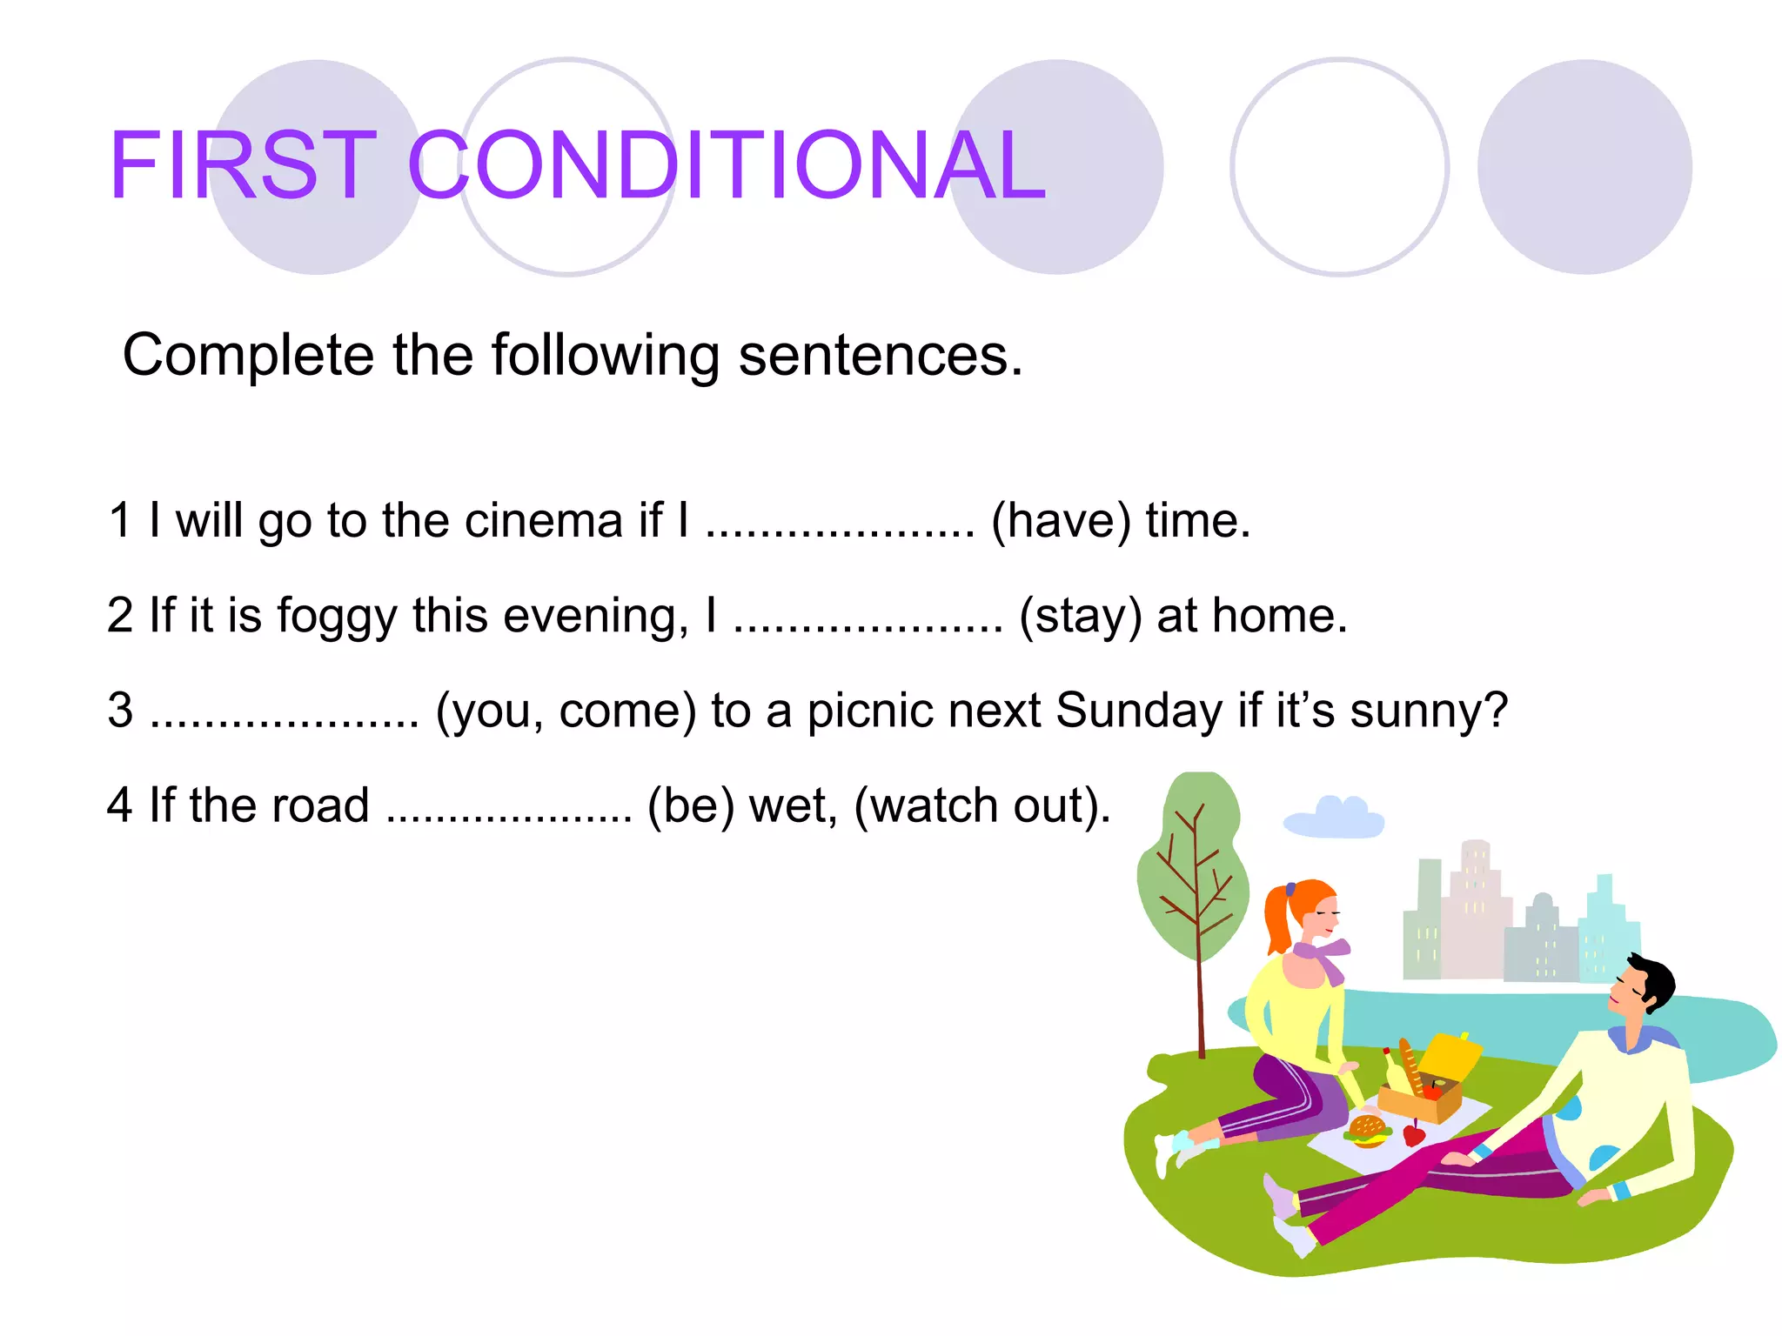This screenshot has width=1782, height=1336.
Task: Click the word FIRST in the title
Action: click(x=243, y=165)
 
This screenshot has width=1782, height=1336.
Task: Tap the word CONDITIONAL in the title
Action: click(x=726, y=165)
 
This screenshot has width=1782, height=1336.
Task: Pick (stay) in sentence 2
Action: click(x=1080, y=616)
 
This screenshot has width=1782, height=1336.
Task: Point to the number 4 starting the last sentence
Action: click(x=119, y=805)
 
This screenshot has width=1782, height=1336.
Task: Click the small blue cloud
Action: click(x=1334, y=818)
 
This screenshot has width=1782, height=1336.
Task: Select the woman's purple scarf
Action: click(x=1323, y=957)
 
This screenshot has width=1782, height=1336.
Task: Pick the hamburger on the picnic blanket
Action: click(x=1367, y=1130)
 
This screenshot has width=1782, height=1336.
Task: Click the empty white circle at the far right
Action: click(x=1339, y=167)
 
